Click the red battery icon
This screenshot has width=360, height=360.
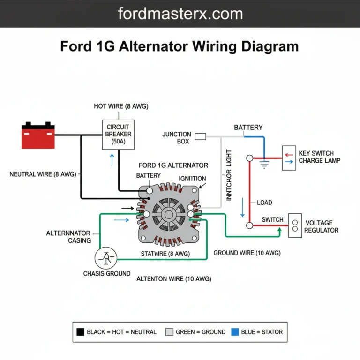[38, 136]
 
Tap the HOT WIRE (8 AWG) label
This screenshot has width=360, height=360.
[121, 106]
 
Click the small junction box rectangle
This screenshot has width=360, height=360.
[200, 136]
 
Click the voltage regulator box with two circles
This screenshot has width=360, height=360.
[295, 225]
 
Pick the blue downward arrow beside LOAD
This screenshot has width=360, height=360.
[242, 207]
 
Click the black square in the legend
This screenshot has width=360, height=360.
[80, 332]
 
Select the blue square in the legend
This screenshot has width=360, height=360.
[235, 332]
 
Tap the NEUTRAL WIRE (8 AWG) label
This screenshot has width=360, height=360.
[42, 174]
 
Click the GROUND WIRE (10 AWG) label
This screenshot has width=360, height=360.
[247, 253]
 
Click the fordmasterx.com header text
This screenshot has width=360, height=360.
[180, 14]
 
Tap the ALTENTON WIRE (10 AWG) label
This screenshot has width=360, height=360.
[173, 278]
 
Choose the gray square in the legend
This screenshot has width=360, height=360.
[169, 332]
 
